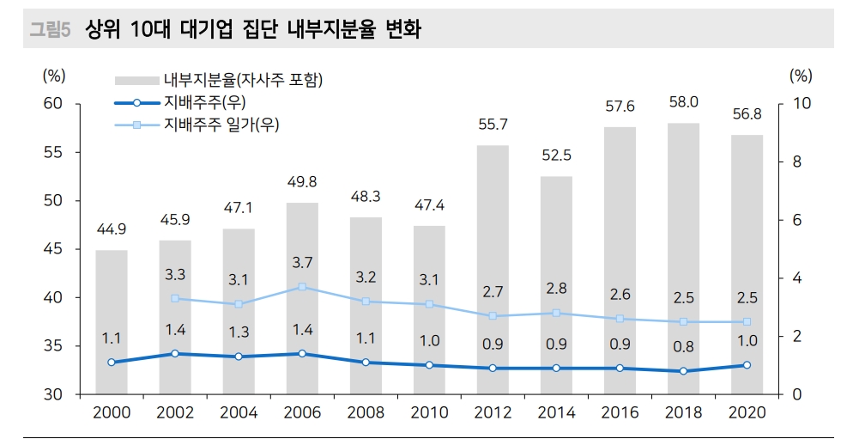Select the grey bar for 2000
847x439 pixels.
(112, 321)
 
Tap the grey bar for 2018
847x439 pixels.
(683, 258)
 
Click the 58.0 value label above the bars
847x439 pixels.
(683, 102)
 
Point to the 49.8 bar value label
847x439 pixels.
(302, 182)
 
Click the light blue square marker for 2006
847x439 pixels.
(302, 287)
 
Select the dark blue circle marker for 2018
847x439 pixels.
(683, 371)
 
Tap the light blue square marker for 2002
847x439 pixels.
(175, 298)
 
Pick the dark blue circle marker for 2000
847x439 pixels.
(112, 363)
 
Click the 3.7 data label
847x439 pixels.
(302, 263)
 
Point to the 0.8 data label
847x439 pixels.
(683, 346)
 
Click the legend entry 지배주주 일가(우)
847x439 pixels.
(221, 125)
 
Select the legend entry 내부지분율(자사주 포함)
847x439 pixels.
(243, 81)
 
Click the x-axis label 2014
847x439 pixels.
(556, 412)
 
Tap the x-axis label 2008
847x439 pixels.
(366, 412)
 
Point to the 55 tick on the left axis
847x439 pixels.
(54, 152)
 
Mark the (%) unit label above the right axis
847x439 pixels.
(800, 75)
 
